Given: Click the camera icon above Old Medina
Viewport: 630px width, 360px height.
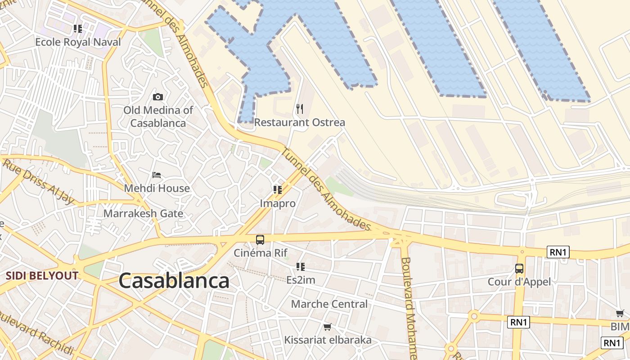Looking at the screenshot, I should tap(157, 97).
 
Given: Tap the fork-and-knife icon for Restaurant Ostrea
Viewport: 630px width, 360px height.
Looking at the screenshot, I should tap(300, 108).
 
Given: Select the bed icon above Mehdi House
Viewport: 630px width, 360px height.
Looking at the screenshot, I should tap(157, 175).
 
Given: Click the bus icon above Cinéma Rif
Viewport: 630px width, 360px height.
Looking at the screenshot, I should tap(260, 239).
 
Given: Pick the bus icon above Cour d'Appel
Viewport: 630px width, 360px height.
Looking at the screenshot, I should tap(519, 269).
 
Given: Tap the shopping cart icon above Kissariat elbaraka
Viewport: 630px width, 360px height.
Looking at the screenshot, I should tap(328, 327).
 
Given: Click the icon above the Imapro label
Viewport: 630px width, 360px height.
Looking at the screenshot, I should tap(278, 190).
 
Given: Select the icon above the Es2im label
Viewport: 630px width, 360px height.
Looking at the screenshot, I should tap(301, 267).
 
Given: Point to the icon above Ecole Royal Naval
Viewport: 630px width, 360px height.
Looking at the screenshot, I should tap(78, 29).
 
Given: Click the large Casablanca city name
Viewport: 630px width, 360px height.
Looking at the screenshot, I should tap(174, 281).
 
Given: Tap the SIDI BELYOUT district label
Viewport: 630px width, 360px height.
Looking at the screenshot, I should tap(42, 276).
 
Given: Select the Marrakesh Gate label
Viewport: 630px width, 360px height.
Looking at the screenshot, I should tap(143, 213).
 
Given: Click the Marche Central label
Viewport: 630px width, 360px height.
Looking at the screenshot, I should tap(329, 304).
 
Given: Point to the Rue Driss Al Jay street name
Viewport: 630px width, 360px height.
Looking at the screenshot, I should tap(38, 182).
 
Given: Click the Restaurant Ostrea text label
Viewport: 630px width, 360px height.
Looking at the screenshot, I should tap(300, 122).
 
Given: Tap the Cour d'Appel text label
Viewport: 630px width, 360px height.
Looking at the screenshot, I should tap(519, 282).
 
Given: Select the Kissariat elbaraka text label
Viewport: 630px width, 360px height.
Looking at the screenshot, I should tap(328, 340).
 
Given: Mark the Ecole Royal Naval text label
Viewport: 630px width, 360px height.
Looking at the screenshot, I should tap(78, 42).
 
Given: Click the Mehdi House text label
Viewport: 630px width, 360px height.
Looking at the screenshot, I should tap(157, 188).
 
